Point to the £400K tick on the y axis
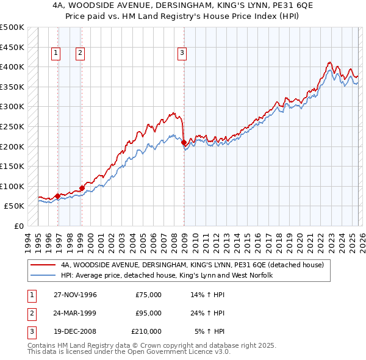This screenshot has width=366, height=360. (12, 67)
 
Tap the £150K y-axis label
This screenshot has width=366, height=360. (12, 166)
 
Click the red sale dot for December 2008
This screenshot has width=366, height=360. (184, 143)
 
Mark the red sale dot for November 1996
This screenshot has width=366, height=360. (57, 196)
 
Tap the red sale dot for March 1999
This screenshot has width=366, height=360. (81, 188)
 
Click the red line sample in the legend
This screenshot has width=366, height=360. (43, 265)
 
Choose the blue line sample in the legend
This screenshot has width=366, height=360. (43, 276)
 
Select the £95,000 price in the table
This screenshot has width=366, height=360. (148, 313)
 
